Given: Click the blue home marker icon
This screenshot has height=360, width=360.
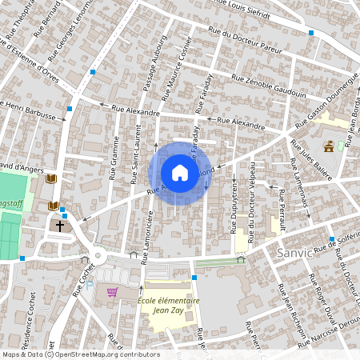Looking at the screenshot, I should [180, 173].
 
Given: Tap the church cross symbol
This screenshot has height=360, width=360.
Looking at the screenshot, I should [60, 226].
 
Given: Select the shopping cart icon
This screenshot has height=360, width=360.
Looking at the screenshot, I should [112, 292].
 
